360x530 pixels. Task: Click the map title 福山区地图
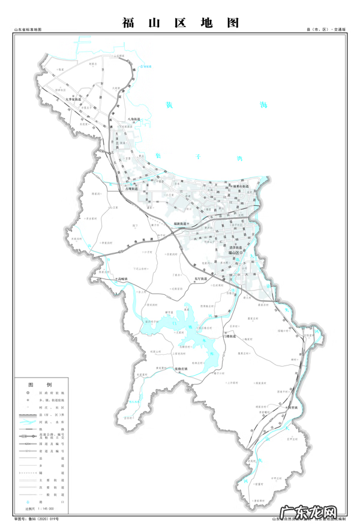pyautogui.click(x=180, y=23)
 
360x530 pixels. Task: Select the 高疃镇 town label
pyautogui.click(x=124, y=279)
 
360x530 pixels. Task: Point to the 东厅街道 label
pyautogui.click(x=202, y=279)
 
